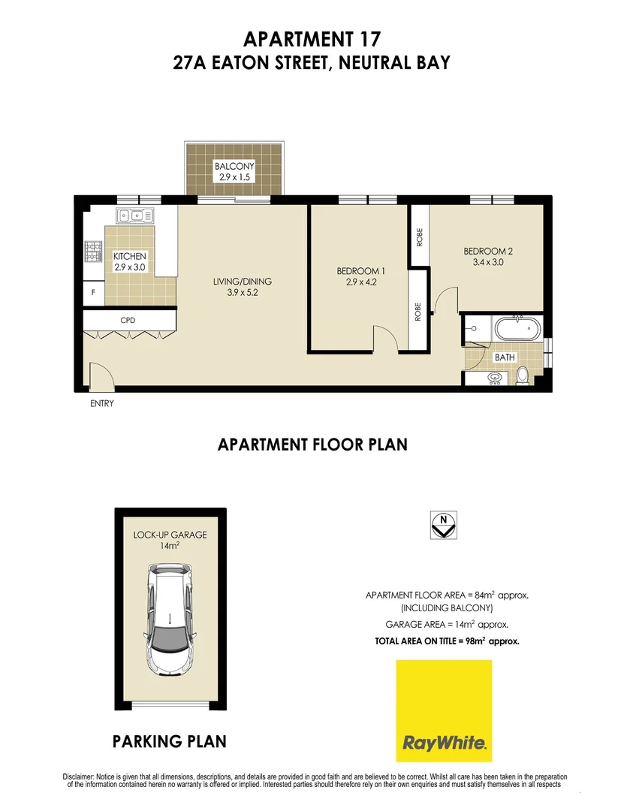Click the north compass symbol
444,524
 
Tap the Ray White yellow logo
444,710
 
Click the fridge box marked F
92,294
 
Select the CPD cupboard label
128,320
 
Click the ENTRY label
102,404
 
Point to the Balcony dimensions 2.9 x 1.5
234,178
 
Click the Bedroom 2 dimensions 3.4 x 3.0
487,263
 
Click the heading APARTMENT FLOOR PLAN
312,445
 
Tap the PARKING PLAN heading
169,742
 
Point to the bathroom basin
495,378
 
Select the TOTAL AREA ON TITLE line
447,641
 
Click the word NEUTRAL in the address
374,62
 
